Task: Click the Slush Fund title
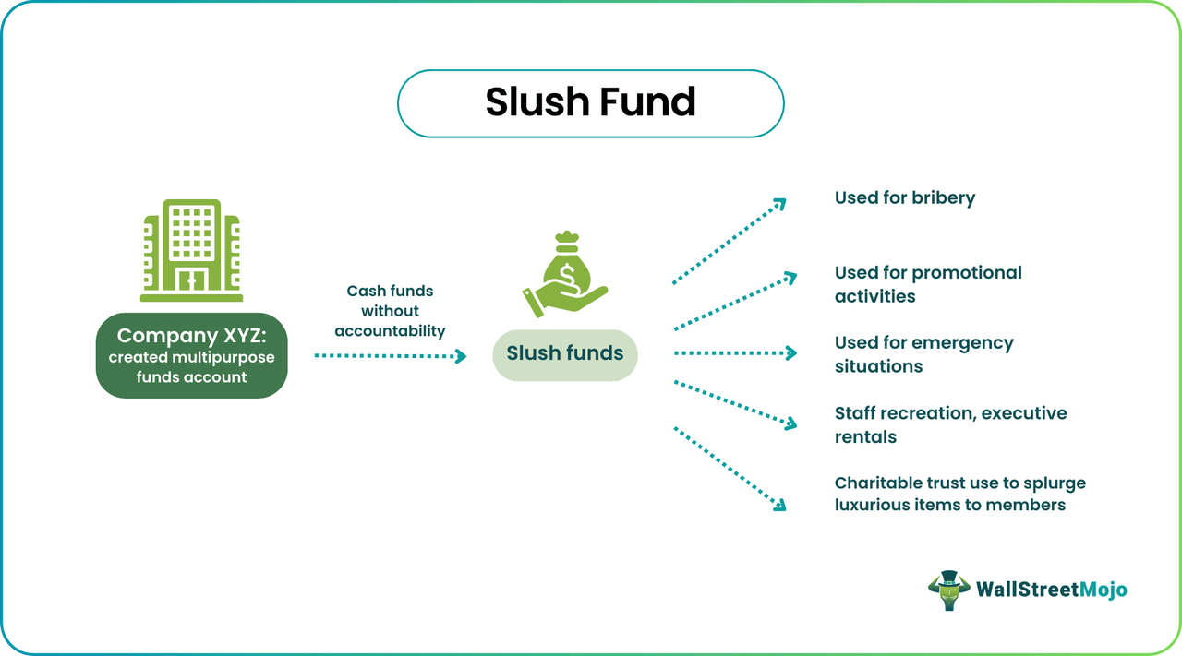(x=590, y=102)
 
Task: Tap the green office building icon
(x=191, y=250)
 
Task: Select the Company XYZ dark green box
(x=191, y=355)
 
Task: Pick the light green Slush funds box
(x=564, y=353)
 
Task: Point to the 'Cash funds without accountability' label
(x=390, y=310)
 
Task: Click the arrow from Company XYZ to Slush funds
(x=390, y=355)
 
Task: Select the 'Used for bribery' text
(x=904, y=197)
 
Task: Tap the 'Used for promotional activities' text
(x=927, y=284)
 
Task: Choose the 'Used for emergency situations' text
(x=923, y=354)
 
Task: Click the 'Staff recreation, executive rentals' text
(x=950, y=424)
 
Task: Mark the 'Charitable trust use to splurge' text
(x=959, y=483)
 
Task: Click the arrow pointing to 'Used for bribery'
(x=729, y=241)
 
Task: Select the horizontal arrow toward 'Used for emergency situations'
(x=735, y=353)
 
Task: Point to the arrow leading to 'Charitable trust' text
(x=729, y=467)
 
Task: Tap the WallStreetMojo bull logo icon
(x=948, y=590)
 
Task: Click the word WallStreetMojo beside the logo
(x=1051, y=590)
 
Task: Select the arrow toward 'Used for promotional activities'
(x=735, y=301)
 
